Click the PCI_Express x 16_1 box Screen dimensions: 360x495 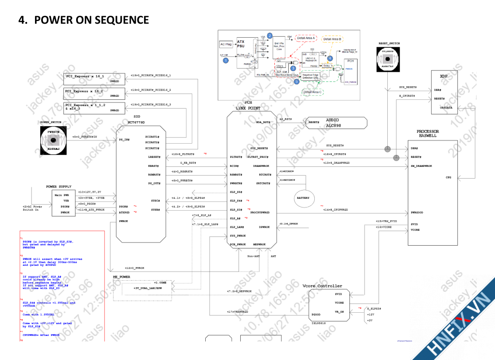pyautogui.click(x=95, y=79)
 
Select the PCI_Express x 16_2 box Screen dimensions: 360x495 pyautogui.click(x=95, y=93)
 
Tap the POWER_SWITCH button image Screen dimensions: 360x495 pyautogui.click(x=53, y=140)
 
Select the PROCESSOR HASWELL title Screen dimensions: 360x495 pyautogui.click(x=428, y=134)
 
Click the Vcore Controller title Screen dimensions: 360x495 pyautogui.click(x=322, y=286)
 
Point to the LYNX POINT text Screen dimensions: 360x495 pyautogui.click(x=248, y=108)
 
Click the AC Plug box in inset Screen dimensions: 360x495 pyautogui.click(x=226, y=44)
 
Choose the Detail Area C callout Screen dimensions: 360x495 pyautogui.click(x=312, y=92)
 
